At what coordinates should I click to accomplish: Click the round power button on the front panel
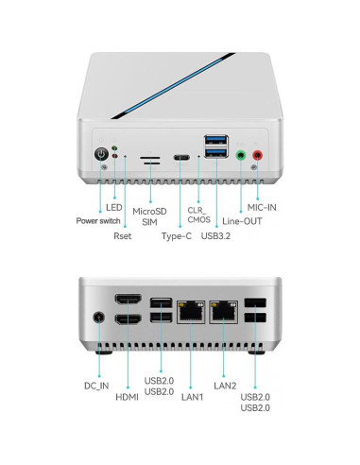[x=101, y=155]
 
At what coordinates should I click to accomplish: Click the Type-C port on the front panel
[x=181, y=158]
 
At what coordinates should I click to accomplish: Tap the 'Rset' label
[x=124, y=235]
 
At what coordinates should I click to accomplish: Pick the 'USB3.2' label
[x=216, y=235]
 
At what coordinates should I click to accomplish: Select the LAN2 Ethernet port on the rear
[x=224, y=309]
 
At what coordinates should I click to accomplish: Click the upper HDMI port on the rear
[x=128, y=301]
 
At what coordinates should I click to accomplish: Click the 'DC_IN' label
[x=95, y=387]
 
